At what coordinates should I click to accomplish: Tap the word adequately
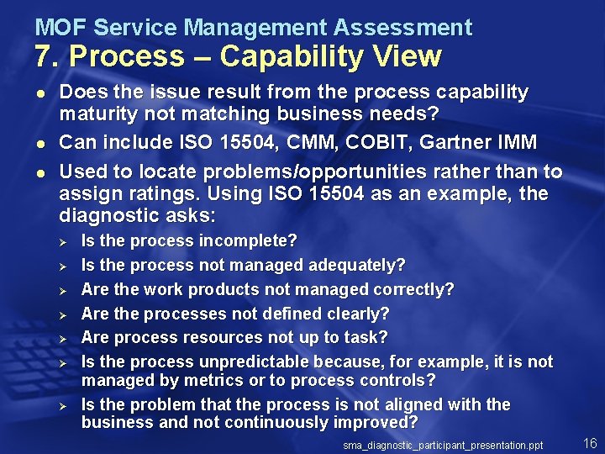[x=357, y=266]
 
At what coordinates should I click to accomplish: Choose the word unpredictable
[x=255, y=362]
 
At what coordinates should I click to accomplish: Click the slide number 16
[x=589, y=442]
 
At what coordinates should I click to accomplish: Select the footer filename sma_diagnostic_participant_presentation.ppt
[x=443, y=444]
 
